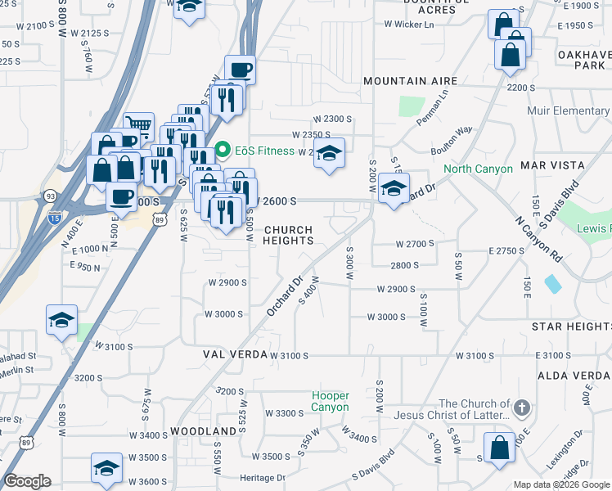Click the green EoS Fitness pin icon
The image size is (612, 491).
pyautogui.click(x=222, y=151)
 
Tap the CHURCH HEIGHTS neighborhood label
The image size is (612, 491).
pyautogui.click(x=288, y=236)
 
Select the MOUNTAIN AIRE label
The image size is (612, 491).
pyautogui.click(x=406, y=81)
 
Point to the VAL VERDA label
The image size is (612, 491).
pyautogui.click(x=236, y=354)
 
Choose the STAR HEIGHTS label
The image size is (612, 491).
pyautogui.click(x=571, y=327)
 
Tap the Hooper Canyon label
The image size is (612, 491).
pyautogui.click(x=331, y=401)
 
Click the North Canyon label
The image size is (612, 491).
pyautogui.click(x=478, y=169)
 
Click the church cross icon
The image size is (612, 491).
pyautogui.click(x=522, y=408)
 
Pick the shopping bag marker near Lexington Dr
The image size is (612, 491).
pyautogui.click(x=498, y=448)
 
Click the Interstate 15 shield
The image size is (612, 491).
pyautogui.click(x=55, y=217)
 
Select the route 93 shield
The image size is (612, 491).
pyautogui.click(x=51, y=196)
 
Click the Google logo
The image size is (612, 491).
pyautogui.click(x=27, y=481)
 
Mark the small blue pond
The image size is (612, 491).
pyautogui.click(x=552, y=284)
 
